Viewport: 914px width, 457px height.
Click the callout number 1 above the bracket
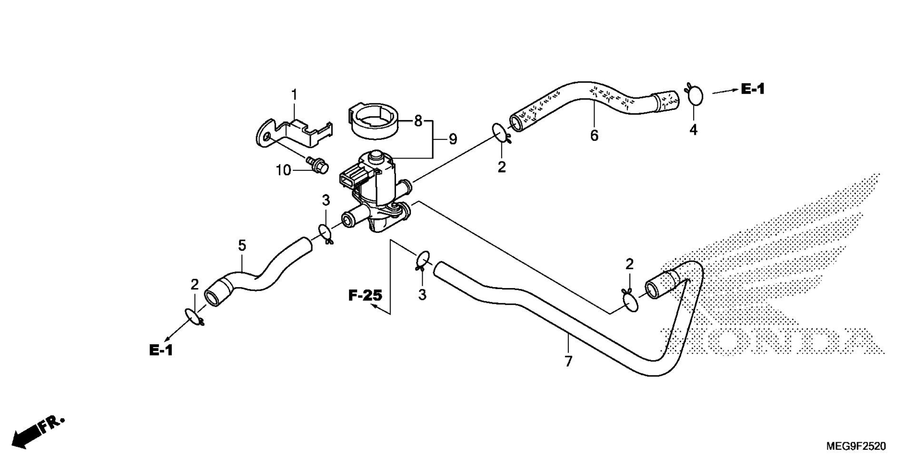tap(294, 95)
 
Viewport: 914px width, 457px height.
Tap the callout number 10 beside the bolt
tap(283, 170)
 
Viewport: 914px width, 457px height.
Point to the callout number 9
tap(453, 139)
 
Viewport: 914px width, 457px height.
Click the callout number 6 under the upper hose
tap(594, 136)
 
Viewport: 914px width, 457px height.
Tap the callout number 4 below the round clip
tap(694, 129)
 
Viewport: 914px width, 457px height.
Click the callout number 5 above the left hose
tap(242, 246)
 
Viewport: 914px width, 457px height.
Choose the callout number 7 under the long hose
tap(568, 361)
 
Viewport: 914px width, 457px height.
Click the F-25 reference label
tap(365, 296)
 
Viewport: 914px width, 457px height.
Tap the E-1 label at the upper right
tap(753, 89)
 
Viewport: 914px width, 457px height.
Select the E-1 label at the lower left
tap(161, 350)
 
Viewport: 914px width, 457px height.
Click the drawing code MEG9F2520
tap(856, 446)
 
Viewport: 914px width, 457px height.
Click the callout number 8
tap(418, 121)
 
